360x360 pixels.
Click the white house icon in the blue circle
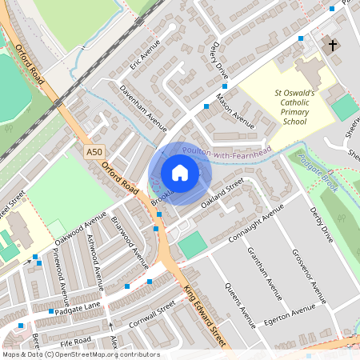coord(180,173)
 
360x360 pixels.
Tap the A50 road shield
coord(94,150)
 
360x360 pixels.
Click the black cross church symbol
coord(333,46)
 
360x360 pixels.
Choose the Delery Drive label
coord(217,56)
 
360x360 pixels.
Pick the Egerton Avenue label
coord(290,315)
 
